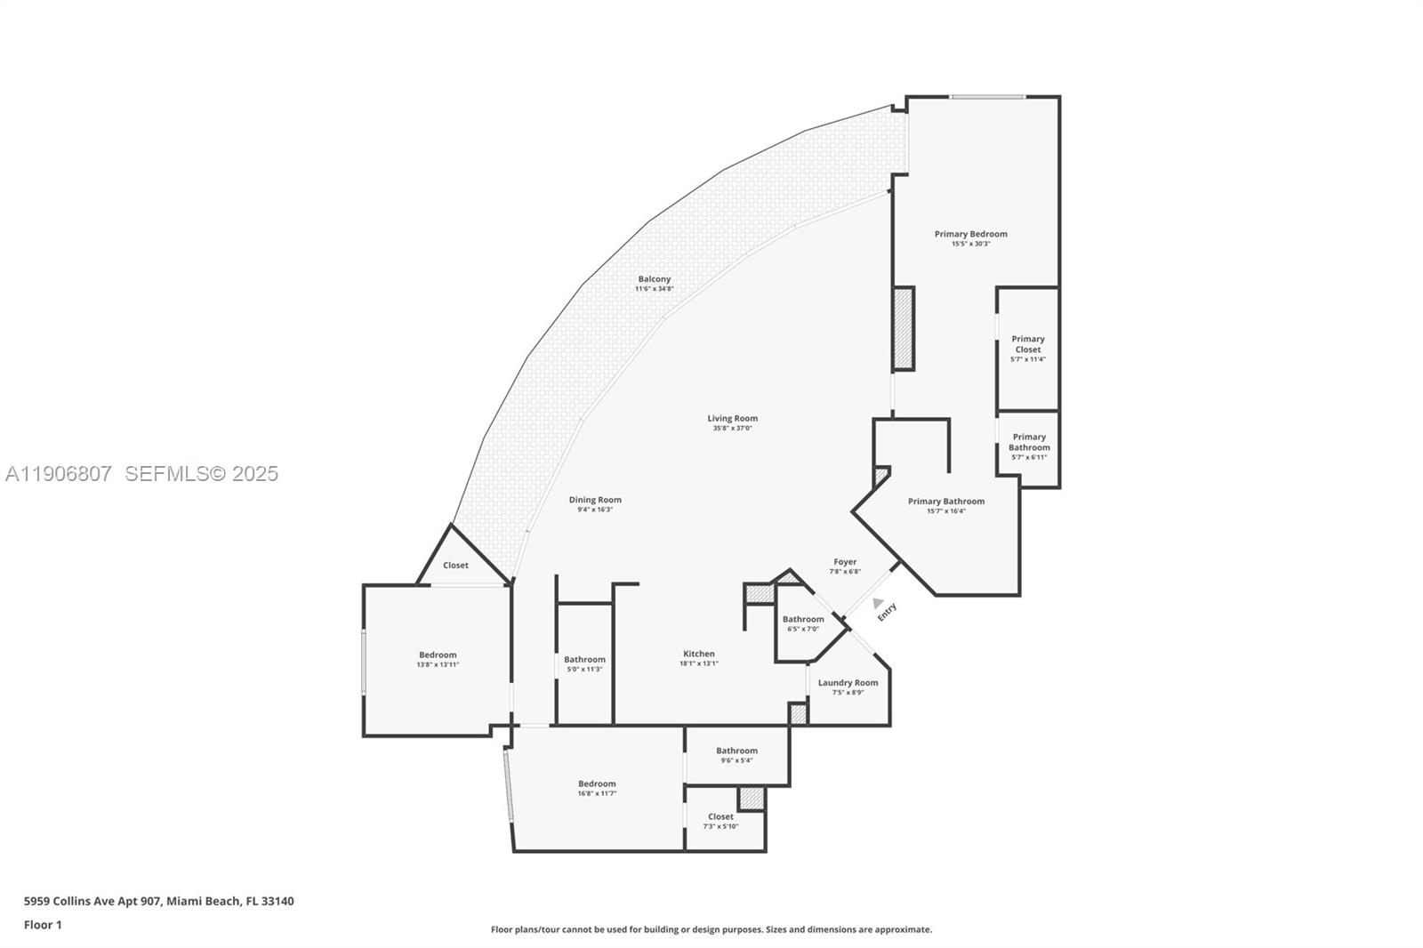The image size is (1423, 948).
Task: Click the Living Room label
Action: click(733, 418)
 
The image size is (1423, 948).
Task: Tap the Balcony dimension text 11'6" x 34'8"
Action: click(654, 289)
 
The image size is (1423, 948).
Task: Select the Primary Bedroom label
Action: click(970, 234)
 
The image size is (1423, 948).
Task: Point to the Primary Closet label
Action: click(1027, 344)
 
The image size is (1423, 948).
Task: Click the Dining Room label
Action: click(595, 500)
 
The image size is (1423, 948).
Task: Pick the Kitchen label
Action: click(698, 654)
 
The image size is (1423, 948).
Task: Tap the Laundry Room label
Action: click(848, 683)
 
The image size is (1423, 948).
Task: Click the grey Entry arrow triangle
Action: click(878, 603)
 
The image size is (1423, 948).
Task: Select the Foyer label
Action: click(845, 562)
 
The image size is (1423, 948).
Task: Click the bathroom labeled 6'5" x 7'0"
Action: click(802, 619)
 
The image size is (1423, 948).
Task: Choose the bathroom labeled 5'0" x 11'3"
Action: click(584, 660)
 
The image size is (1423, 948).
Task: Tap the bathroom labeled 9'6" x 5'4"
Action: click(736, 751)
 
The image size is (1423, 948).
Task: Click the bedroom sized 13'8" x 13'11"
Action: click(438, 655)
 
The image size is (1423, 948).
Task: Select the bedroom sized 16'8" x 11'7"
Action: click(597, 784)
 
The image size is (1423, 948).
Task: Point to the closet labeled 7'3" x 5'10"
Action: click(720, 816)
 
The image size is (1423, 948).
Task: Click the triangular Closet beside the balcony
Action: click(455, 565)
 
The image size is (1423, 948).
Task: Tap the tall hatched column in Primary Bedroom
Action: click(903, 328)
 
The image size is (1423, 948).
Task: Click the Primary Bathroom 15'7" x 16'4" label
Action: click(945, 502)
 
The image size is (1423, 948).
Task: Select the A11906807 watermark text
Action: click(59, 474)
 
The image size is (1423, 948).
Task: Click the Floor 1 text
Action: click(43, 925)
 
